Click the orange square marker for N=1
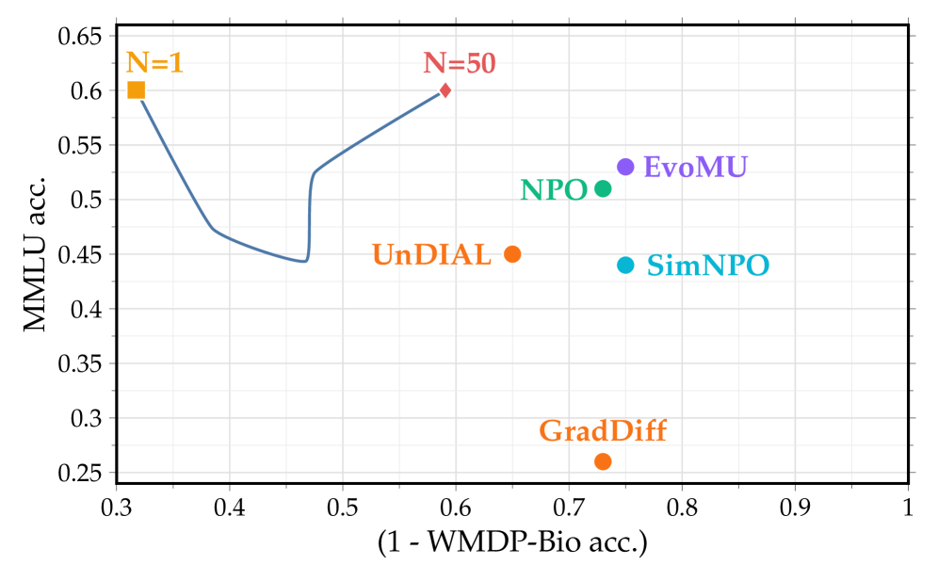point(137,90)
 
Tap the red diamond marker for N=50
point(445,90)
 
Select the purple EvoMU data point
point(625,167)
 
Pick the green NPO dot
point(603,188)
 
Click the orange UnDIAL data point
point(512,254)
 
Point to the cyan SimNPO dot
point(625,266)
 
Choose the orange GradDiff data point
point(603,461)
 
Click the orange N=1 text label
point(154,63)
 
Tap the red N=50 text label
point(459,63)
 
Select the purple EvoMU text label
point(695,167)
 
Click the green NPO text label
point(554,189)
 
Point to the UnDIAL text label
point(431,254)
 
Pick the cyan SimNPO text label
point(707,266)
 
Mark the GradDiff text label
point(603,430)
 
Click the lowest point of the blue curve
point(303,262)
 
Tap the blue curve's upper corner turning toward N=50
point(315,171)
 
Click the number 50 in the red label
point(480,63)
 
